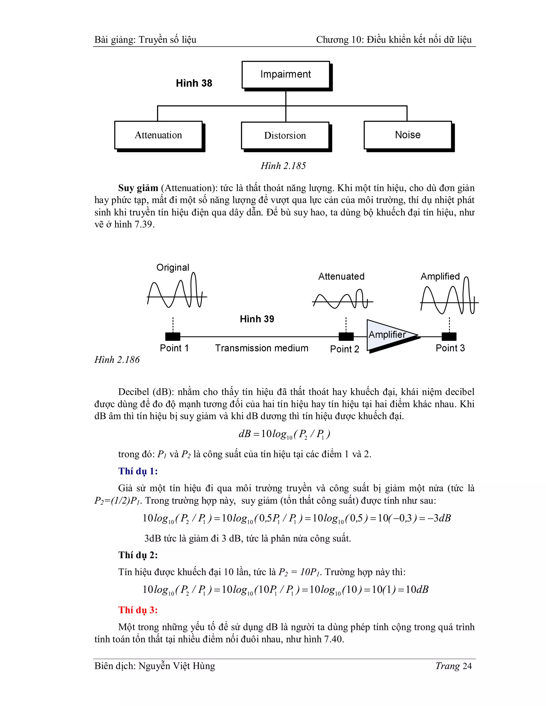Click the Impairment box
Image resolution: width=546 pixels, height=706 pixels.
tap(286, 75)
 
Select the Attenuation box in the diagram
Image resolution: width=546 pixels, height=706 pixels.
tap(158, 135)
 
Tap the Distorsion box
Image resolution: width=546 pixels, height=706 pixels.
tap(285, 135)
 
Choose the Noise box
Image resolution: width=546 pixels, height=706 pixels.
tap(408, 135)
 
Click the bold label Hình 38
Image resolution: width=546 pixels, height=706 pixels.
tap(194, 83)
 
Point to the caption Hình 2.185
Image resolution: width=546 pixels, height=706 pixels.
tap(283, 166)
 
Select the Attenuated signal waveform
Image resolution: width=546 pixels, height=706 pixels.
tap(342, 301)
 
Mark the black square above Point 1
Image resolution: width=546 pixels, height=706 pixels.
tap(173, 336)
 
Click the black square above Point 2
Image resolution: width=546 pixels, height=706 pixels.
tap(346, 336)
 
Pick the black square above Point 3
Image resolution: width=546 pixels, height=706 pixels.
tap(449, 336)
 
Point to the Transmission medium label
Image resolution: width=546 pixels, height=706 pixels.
tap(262, 348)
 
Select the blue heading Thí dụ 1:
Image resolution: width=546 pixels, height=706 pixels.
tap(138, 471)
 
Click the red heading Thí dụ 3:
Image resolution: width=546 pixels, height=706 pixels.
tap(138, 610)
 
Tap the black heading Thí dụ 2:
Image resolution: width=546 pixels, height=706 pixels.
tap(138, 555)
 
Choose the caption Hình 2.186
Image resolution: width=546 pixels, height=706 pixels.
tap(117, 359)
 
